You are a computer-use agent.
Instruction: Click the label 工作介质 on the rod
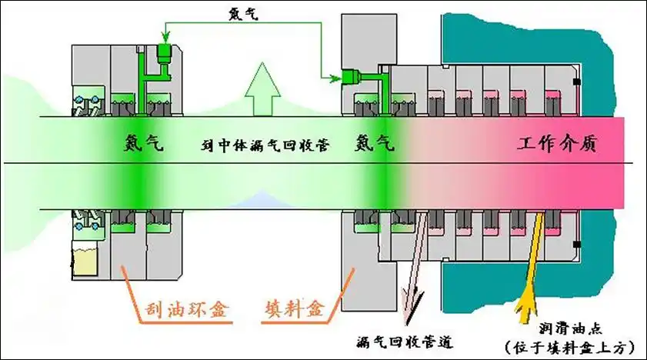[x=557, y=144]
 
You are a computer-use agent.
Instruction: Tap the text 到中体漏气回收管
[x=265, y=144]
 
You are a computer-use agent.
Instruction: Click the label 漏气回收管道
[x=404, y=340]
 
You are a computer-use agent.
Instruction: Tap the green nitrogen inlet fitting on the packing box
[x=352, y=76]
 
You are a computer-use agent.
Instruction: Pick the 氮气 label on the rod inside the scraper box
[x=144, y=144]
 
